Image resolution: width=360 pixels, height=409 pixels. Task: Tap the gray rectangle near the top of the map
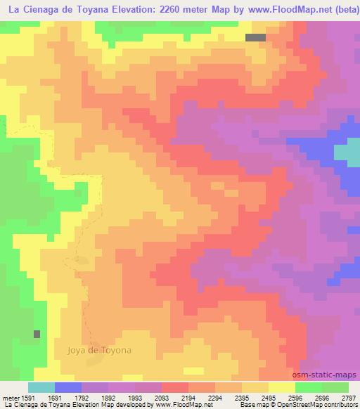[256, 38]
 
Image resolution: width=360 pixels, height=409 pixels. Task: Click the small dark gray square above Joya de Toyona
[37, 334]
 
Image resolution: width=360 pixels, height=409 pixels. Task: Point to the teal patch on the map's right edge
[347, 154]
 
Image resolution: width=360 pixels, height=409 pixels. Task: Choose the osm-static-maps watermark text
[328, 375]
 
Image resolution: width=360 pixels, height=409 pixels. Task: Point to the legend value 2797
[349, 398]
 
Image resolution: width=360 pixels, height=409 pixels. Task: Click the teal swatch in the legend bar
[41, 387]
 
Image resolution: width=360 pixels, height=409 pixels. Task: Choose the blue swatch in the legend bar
[68, 387]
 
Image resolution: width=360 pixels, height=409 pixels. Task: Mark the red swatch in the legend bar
[175, 387]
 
